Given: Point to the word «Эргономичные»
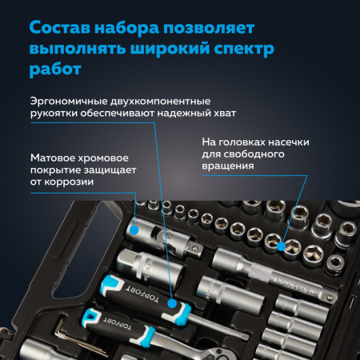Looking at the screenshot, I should tap(73, 102).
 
